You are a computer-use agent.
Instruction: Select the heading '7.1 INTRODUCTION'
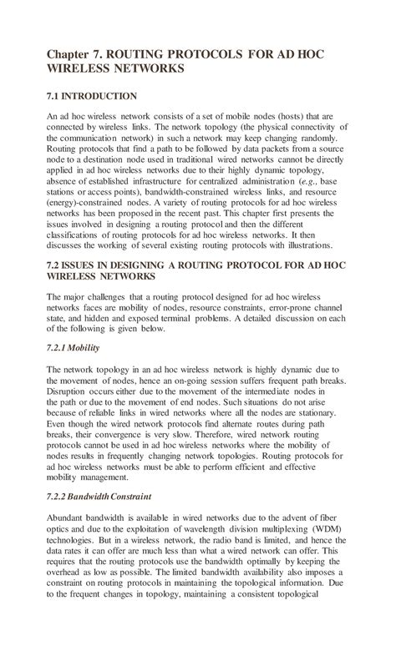pyautogui.click(x=92, y=97)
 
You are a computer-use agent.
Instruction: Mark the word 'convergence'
pyautogui.click(x=118, y=437)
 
